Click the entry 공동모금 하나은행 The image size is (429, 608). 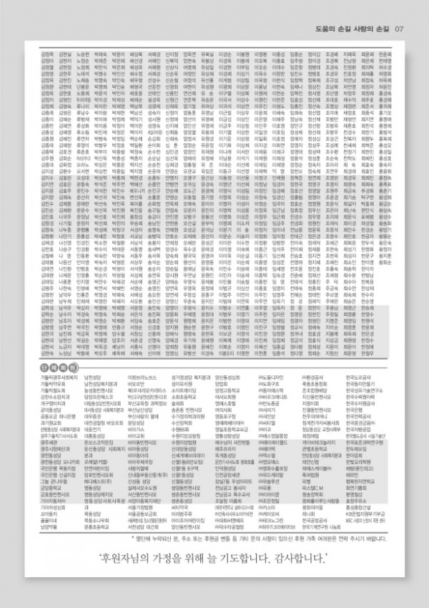[x=58, y=416]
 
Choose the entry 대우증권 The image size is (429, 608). [x=92, y=416]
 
